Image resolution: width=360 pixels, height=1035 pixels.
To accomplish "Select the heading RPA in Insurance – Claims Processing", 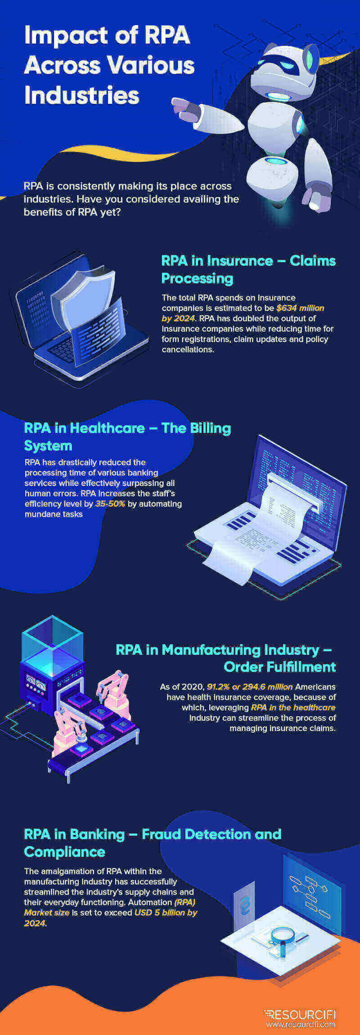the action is click(x=248, y=269).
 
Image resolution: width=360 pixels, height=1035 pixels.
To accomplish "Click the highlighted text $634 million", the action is click(x=300, y=308).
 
